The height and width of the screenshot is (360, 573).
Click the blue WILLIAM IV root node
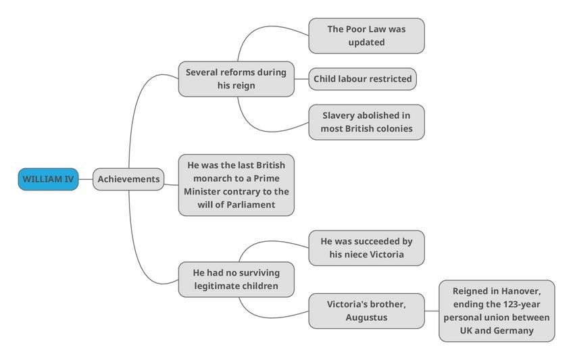pyautogui.click(x=48, y=179)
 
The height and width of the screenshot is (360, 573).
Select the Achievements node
pyautogui.click(x=128, y=179)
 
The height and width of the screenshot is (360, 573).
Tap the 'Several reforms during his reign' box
pyautogui.click(x=236, y=79)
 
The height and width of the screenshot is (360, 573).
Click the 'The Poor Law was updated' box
pyautogui.click(x=366, y=36)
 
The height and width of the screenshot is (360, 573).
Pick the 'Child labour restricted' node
pyautogui.click(x=362, y=79)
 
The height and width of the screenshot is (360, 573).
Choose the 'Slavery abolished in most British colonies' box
pyautogui.click(x=366, y=122)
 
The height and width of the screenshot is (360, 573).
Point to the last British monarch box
pyautogui.click(x=236, y=185)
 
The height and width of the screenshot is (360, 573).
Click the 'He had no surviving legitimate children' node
pyautogui.click(x=236, y=279)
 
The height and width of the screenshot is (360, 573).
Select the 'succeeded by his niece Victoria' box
pyautogui.click(x=366, y=248)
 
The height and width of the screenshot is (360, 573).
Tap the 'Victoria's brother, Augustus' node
pyautogui.click(x=366, y=311)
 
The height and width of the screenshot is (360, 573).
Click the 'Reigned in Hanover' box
pyautogui.click(x=497, y=311)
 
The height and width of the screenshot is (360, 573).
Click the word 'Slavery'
pyautogui.click(x=341, y=115)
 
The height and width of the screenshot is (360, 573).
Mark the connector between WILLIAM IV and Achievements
pyautogui.click(x=86, y=179)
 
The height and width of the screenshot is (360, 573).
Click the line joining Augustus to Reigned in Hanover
pyautogui.click(x=432, y=311)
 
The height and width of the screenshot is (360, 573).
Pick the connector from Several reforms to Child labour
pyautogui.click(x=301, y=79)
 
